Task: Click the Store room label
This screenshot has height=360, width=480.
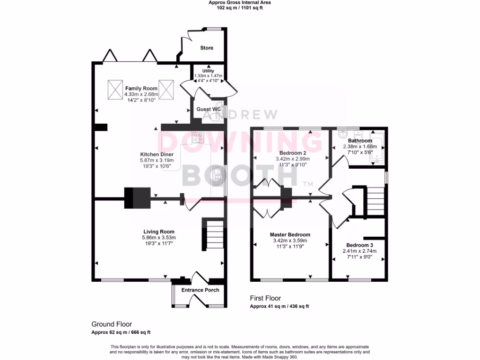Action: pyautogui.click(x=206, y=48)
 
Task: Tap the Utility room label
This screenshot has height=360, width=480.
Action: pyautogui.click(x=208, y=71)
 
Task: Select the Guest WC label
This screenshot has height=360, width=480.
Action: pyautogui.click(x=209, y=109)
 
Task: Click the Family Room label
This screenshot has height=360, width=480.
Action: pyautogui.click(x=141, y=88)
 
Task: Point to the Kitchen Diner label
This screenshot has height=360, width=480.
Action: pyautogui.click(x=157, y=154)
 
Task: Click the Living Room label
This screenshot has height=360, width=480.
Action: pyautogui.click(x=159, y=232)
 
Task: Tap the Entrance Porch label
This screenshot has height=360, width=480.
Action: pyautogui.click(x=200, y=290)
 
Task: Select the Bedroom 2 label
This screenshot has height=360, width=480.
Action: pyautogui.click(x=292, y=153)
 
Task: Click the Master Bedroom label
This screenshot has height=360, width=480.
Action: pyautogui.click(x=290, y=234)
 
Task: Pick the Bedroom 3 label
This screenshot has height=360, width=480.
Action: pyautogui.click(x=360, y=245)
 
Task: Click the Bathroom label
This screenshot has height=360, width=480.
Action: pyautogui.click(x=360, y=141)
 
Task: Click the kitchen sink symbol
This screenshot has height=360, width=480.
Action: pyautogui.click(x=217, y=174)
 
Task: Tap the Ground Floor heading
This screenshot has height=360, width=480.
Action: pyautogui.click(x=112, y=324)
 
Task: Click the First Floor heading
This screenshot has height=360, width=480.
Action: pyautogui.click(x=265, y=298)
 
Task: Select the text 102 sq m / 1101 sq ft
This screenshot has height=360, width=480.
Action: pyautogui.click(x=240, y=8)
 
